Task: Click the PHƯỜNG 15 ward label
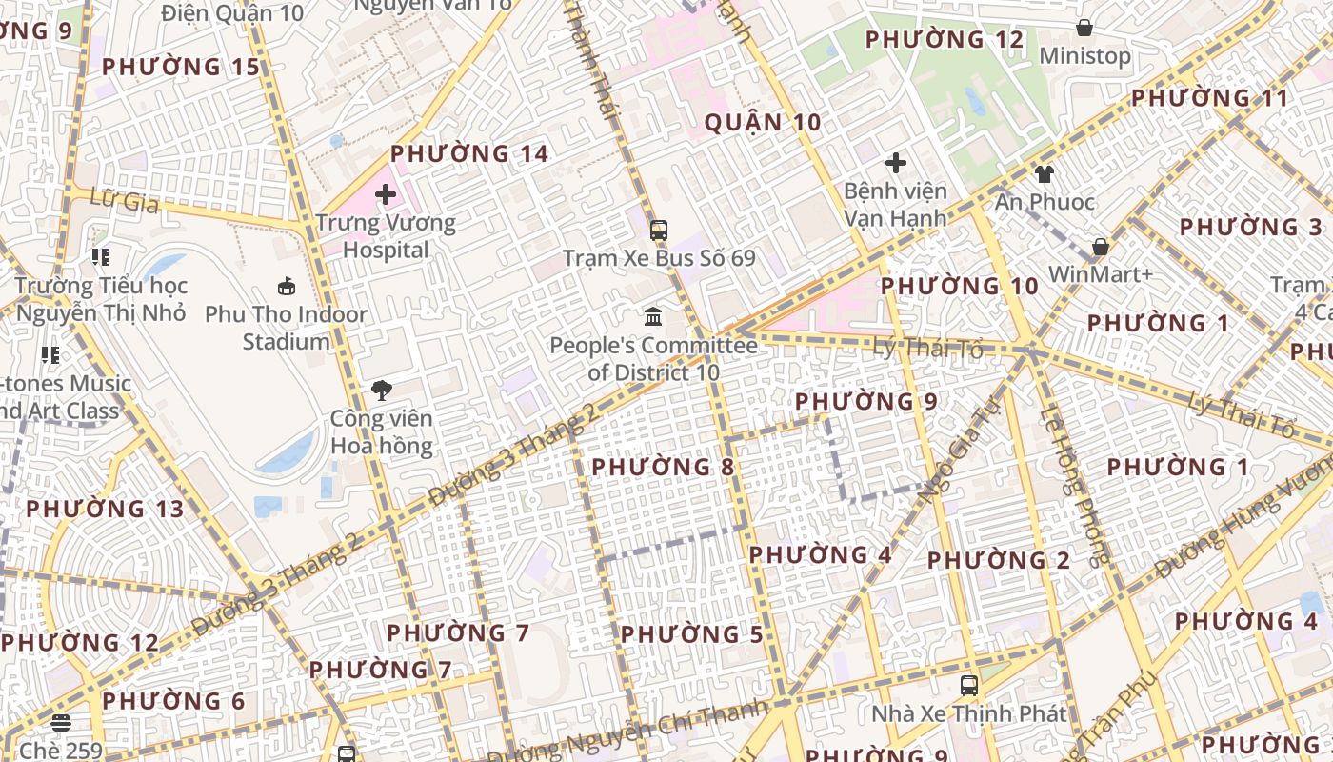pos(181,67)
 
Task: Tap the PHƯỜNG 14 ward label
pos(469,153)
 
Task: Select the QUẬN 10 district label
pos(762,122)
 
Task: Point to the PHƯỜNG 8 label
pos(664,467)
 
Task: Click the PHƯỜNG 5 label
pos(692,634)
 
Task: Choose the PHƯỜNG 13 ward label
pos(105,509)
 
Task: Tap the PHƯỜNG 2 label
pos(999,560)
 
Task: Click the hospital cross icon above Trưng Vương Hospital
pos(386,195)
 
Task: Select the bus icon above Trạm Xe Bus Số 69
pos(658,230)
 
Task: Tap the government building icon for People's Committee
pos(653,316)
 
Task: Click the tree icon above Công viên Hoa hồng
pos(382,390)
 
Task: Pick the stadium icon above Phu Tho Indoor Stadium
pos(286,286)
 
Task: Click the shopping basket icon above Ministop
pos(1084,28)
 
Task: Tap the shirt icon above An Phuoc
pos(1045,174)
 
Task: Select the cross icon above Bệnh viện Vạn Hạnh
pos(895,163)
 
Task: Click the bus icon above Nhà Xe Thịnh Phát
pos(968,685)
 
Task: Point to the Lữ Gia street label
pos(124,200)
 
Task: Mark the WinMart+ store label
pos(1101,274)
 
